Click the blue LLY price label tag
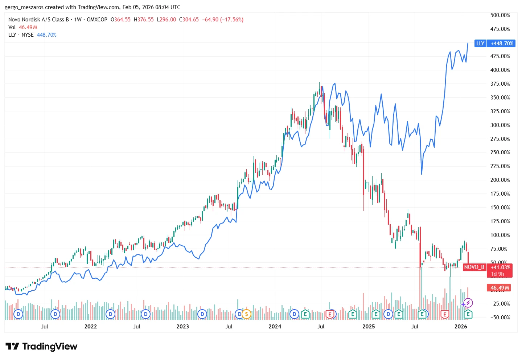pyautogui.click(x=495, y=44)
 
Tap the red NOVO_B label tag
pyautogui.click(x=474, y=267)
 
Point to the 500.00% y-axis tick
pyautogui.click(x=500, y=15)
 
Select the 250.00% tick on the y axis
pyautogui.click(x=500, y=152)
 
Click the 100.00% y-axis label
pyautogui.click(x=500, y=235)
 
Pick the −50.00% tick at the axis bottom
pyautogui.click(x=500, y=318)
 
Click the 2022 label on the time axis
pyautogui.click(x=91, y=327)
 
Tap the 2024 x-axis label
pyautogui.click(x=275, y=327)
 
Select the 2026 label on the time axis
pyautogui.click(x=461, y=327)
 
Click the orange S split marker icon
pyautogui.click(x=247, y=314)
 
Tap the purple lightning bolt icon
pyautogui.click(x=468, y=303)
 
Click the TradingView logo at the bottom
pyautogui.click(x=41, y=347)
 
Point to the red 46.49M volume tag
pyautogui.click(x=500, y=288)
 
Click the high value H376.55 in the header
pyautogui.click(x=144, y=20)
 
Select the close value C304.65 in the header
pyautogui.click(x=189, y=20)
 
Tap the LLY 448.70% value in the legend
pyautogui.click(x=46, y=35)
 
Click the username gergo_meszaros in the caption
pyautogui.click(x=24, y=7)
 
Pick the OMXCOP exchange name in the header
pyautogui.click(x=97, y=20)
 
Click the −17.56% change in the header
pyautogui.click(x=232, y=20)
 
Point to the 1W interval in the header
pyautogui.click(x=78, y=20)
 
